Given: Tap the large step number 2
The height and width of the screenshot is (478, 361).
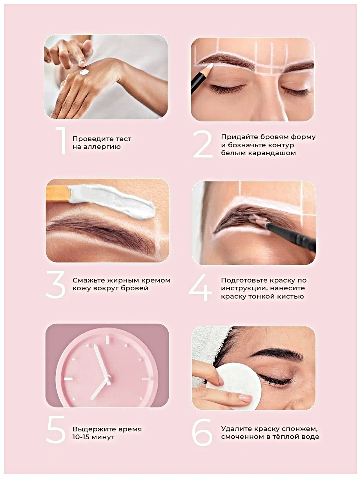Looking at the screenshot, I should pyautogui.click(x=203, y=144).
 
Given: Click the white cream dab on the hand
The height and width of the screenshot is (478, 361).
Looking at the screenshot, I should pyautogui.click(x=84, y=72).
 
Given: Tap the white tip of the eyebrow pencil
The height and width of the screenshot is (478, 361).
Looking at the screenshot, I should pyautogui.click(x=210, y=67).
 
